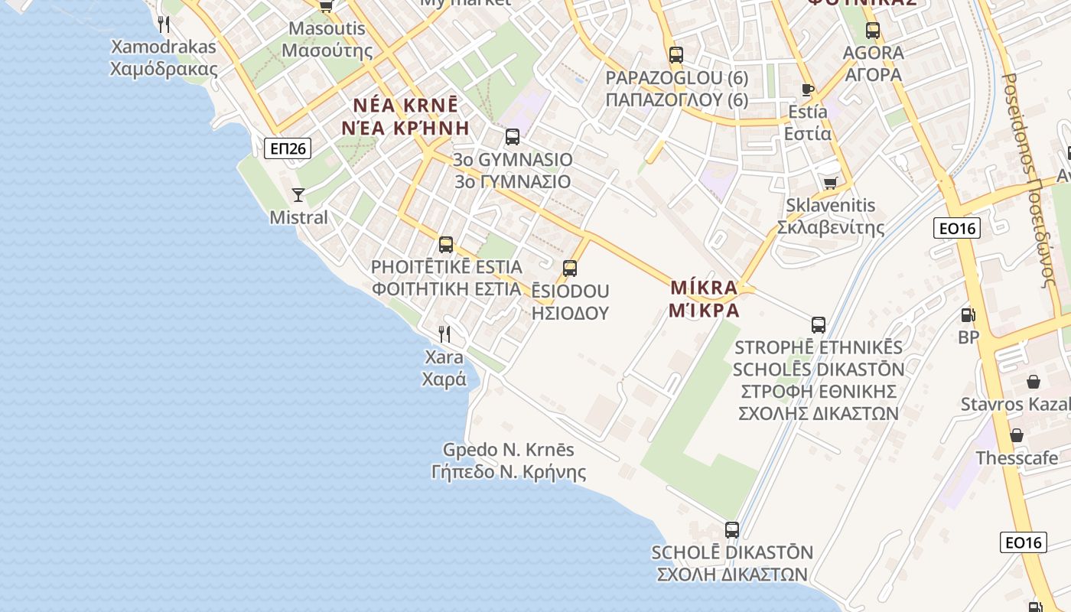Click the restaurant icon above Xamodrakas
pyautogui.click(x=163, y=24)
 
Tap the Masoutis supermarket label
pyautogui.click(x=327, y=40)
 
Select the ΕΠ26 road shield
pyautogui.click(x=288, y=148)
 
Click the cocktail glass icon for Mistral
pyautogui.click(x=298, y=195)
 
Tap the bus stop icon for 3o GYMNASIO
pyautogui.click(x=513, y=137)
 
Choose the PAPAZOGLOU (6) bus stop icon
pyautogui.click(x=675, y=55)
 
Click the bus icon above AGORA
pyautogui.click(x=873, y=31)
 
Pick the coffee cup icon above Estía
pyautogui.click(x=807, y=90)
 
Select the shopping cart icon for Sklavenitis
pyautogui.click(x=830, y=183)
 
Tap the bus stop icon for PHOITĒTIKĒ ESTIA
pyautogui.click(x=446, y=245)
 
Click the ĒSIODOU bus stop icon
pyautogui.click(x=570, y=269)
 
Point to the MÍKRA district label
pyautogui.click(x=704, y=298)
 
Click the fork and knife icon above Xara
pyautogui.click(x=444, y=334)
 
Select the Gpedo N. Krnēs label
pyautogui.click(x=509, y=461)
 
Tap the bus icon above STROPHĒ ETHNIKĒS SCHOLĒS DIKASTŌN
pyautogui.click(x=819, y=324)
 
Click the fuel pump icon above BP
pyautogui.click(x=968, y=314)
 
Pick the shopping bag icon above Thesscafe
pyautogui.click(x=1017, y=435)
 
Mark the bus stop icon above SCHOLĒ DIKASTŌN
pyautogui.click(x=732, y=529)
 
